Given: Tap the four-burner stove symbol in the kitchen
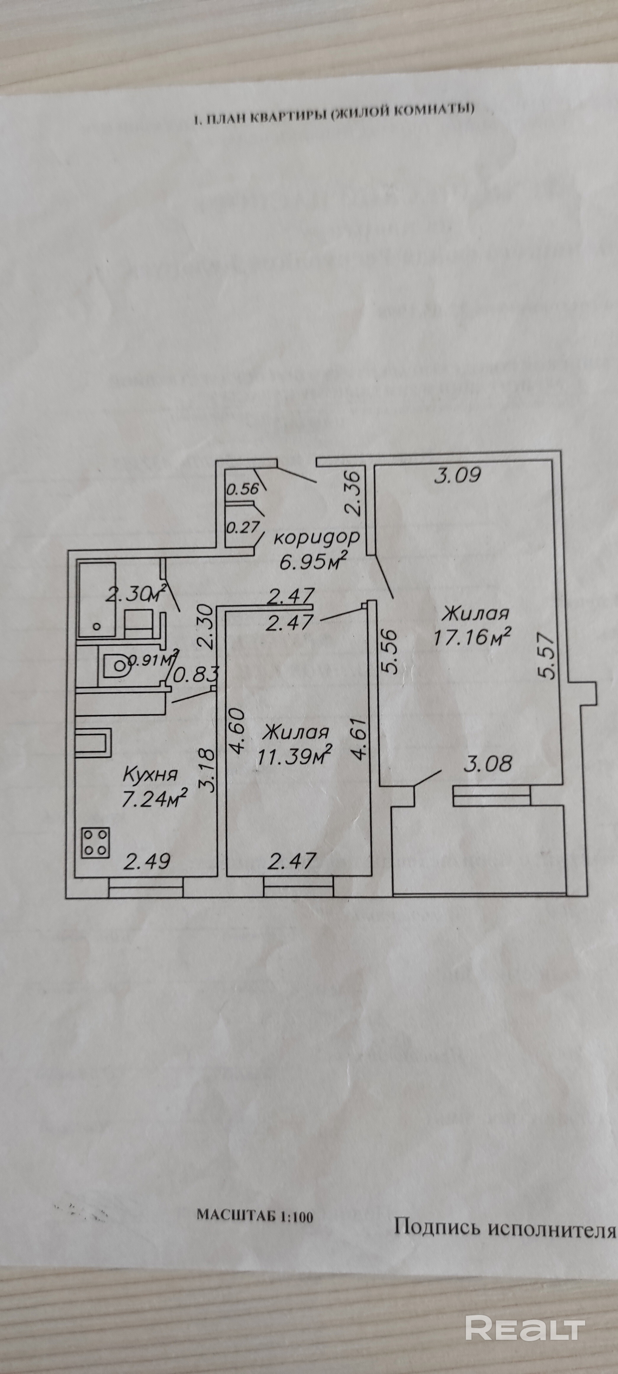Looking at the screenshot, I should (96, 843).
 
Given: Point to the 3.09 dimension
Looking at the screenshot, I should (458, 475).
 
